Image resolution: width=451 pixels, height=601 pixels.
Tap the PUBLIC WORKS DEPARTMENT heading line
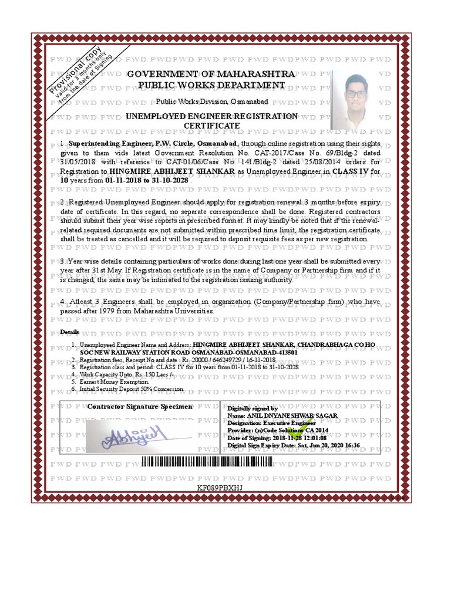click(211, 86)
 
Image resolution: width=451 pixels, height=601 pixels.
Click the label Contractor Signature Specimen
click(140, 407)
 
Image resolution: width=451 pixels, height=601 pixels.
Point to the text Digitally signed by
click(253, 408)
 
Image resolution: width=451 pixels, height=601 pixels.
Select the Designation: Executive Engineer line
click(271, 423)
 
